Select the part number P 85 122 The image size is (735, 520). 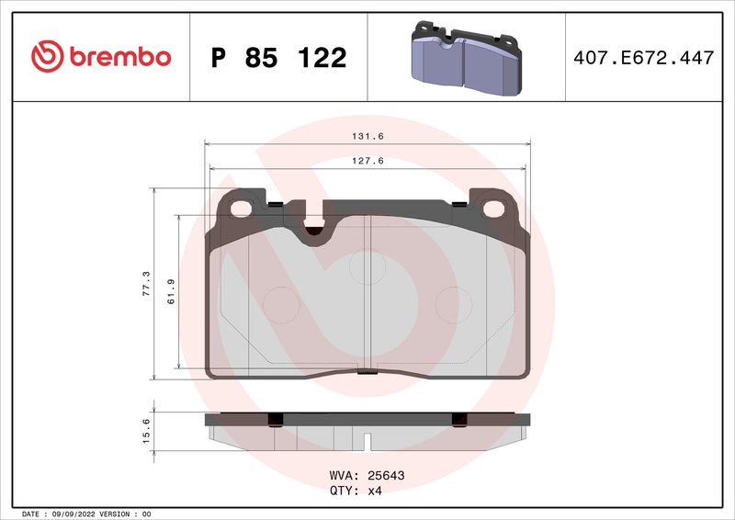pos(278,58)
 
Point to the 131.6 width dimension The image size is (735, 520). pos(367,136)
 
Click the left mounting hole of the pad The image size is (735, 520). pos(241,209)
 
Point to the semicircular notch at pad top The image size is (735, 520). pos(314,232)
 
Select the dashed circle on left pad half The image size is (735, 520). pos(280,304)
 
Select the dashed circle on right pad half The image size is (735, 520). pos(451,304)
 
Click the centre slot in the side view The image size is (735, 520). pos(367,441)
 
